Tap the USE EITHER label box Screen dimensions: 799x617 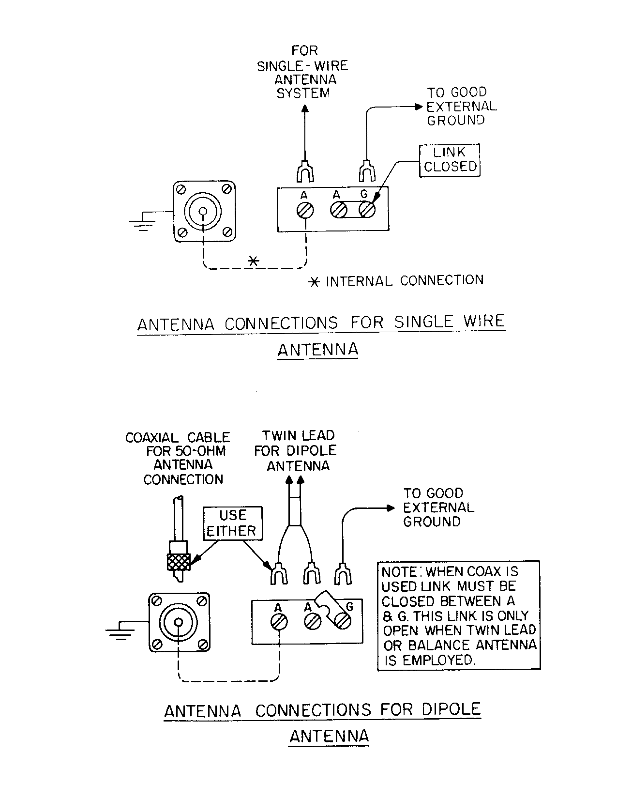pos(233,523)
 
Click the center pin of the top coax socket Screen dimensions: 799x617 pos(204,211)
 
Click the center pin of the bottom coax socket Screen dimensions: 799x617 pos(179,621)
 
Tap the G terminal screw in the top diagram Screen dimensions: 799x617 pos(367,210)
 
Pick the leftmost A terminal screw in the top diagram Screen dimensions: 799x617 pos(305,210)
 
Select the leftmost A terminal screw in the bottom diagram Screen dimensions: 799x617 pos(279,622)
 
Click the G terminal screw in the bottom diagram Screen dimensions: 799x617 pos(343,621)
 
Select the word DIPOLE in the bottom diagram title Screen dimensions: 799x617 pos(451,709)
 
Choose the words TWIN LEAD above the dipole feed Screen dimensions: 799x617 pos(298,435)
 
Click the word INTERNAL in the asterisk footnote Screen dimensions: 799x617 pos(359,281)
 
